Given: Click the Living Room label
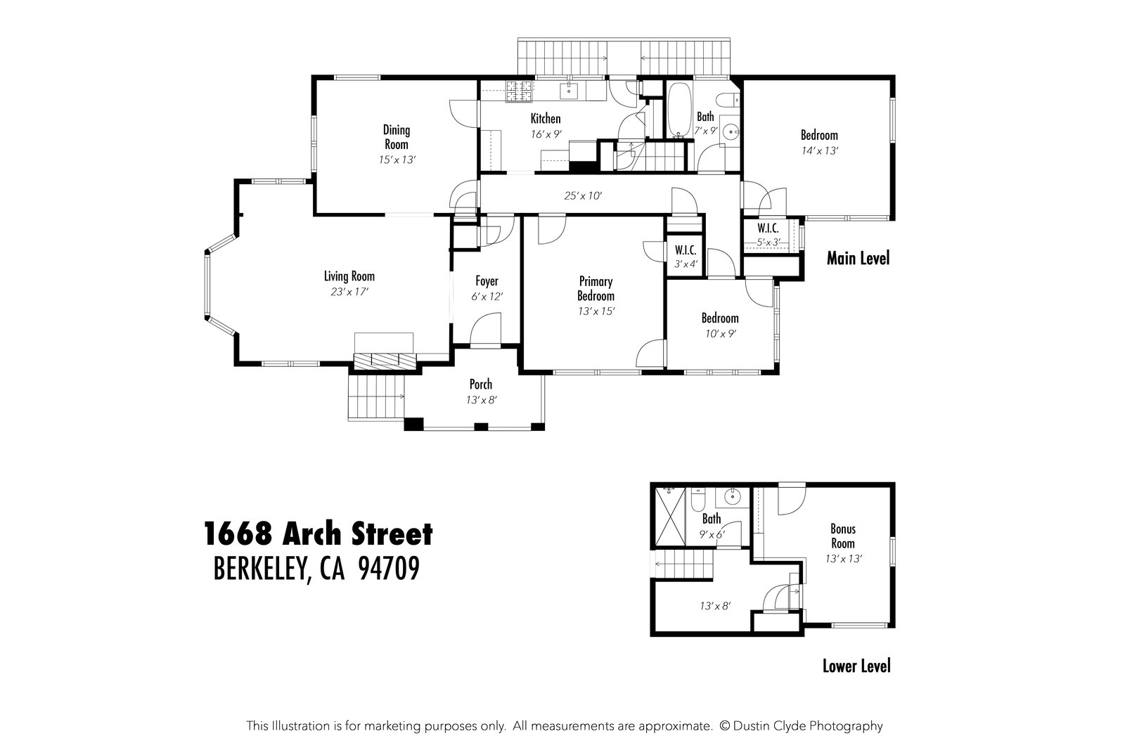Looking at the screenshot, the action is click(349, 276).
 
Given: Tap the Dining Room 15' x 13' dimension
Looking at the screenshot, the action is click(397, 160).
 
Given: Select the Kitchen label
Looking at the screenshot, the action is click(545, 118).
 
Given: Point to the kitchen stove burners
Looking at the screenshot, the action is click(520, 89).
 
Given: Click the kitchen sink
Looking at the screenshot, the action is click(569, 90).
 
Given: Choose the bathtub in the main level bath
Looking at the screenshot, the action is click(679, 111).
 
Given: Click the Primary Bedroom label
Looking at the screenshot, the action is click(596, 289).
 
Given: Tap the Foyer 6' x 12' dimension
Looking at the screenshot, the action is click(487, 297).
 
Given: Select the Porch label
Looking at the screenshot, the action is click(481, 384).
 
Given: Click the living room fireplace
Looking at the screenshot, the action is click(385, 360).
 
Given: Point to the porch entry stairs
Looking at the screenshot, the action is click(377, 398).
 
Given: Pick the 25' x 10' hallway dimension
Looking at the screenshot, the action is click(583, 196).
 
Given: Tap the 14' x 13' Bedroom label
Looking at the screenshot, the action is click(819, 135).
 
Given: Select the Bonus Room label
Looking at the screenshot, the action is click(843, 536).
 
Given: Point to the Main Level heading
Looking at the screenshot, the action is click(858, 259).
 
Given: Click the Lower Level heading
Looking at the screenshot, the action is click(856, 666).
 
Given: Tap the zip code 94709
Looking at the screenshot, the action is click(389, 569).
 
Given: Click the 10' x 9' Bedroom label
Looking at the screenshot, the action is click(720, 318).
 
